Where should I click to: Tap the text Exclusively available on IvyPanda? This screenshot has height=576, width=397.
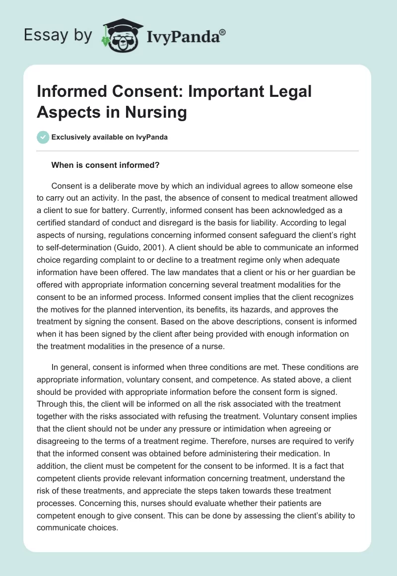tap(110, 137)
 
